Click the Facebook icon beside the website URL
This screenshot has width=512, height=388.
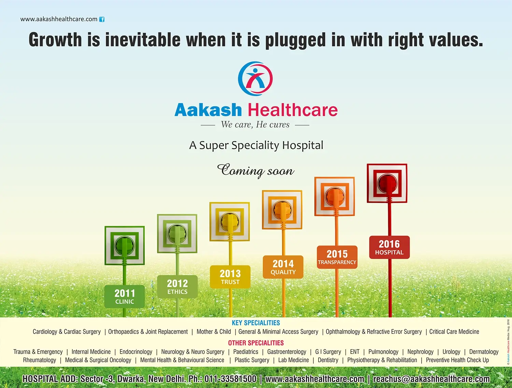[x=102, y=19]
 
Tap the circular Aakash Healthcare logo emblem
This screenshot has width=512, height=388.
[x=255, y=78]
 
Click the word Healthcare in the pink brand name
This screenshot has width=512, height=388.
[x=293, y=110]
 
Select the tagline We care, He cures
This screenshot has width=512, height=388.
[x=255, y=125]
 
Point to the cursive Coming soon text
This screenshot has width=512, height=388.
[x=256, y=170]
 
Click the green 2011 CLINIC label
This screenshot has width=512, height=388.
[x=125, y=297]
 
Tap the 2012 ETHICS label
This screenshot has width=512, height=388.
[x=177, y=287]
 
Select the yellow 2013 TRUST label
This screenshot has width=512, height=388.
[x=230, y=277]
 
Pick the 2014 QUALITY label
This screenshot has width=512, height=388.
[x=283, y=267]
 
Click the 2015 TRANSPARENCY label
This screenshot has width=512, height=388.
[x=337, y=257]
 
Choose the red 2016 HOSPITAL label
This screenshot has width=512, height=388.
[x=389, y=247]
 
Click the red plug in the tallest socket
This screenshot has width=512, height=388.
[x=387, y=184]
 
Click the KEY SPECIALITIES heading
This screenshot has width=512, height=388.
[x=256, y=323]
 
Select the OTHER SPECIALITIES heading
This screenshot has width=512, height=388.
[x=256, y=343]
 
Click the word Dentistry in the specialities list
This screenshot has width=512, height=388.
[x=328, y=360]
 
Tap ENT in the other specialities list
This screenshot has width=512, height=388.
[x=355, y=351]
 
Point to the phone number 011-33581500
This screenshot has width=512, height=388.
[x=230, y=379]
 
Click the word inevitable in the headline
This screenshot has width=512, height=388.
[x=143, y=39]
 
